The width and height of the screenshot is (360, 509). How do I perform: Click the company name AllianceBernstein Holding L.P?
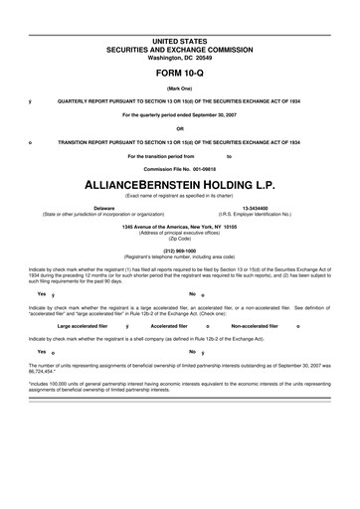point(180,184)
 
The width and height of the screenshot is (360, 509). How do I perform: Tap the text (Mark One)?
point(180,89)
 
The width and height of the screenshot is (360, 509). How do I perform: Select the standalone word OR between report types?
point(180,128)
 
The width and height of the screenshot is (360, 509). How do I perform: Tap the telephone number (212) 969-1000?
point(180,251)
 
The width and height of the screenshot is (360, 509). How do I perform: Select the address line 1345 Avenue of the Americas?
point(180,227)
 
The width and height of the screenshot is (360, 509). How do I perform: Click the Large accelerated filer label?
point(83,325)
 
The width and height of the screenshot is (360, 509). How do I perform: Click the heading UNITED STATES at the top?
point(180,39)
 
